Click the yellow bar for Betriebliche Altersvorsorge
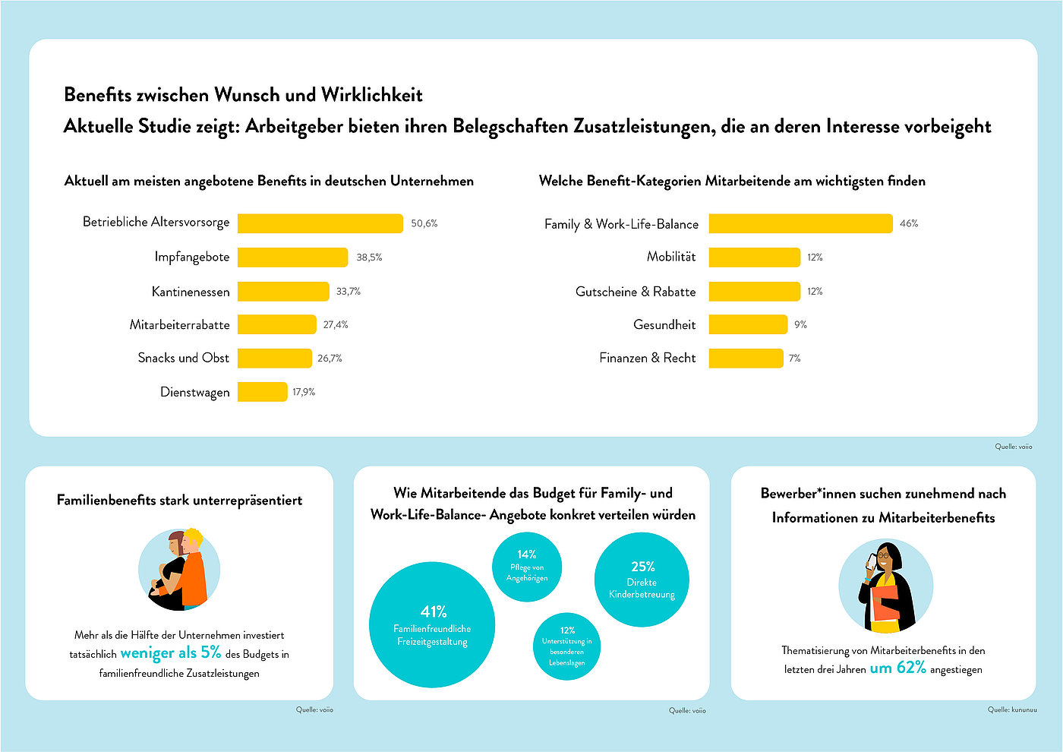coord(320,223)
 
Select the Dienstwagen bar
coord(263,392)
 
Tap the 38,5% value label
coord(369,258)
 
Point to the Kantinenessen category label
coord(191,292)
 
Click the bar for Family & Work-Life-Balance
coord(800,223)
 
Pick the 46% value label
coord(909,223)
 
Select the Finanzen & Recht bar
coord(746,359)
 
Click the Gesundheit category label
coord(664,325)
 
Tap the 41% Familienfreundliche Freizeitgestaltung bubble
coord(432,624)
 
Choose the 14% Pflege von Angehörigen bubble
coord(527,567)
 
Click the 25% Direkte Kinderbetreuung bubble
coord(642,580)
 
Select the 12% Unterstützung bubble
coord(566,646)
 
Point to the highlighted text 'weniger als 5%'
coord(171,653)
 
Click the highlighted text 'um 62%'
coord(897,668)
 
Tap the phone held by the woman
coord(872,561)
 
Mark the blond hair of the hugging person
coord(194,539)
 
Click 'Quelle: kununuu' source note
coord(1011,709)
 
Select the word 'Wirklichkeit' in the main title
coord(371,95)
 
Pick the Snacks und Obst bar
coord(275,359)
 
